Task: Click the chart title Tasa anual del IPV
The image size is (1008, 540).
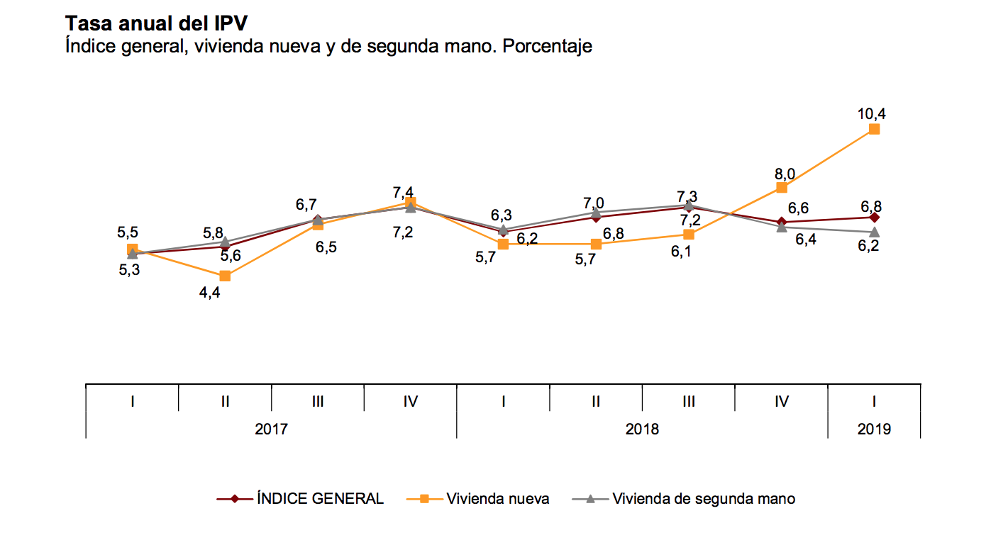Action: point(156,23)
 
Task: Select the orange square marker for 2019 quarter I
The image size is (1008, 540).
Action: point(874,129)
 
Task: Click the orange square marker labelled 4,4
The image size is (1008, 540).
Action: point(225,276)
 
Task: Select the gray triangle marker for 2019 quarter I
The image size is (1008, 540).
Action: point(874,232)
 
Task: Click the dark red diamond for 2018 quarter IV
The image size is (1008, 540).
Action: point(781,223)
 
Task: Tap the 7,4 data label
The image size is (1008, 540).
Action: point(403,193)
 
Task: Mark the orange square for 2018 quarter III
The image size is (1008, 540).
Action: point(689,234)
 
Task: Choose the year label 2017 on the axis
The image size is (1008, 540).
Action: point(271,429)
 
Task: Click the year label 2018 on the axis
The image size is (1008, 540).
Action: point(641,429)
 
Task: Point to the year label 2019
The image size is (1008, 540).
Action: point(874,429)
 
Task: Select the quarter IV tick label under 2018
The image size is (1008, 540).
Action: point(781,401)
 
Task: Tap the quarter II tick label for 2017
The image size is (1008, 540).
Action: point(225,401)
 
